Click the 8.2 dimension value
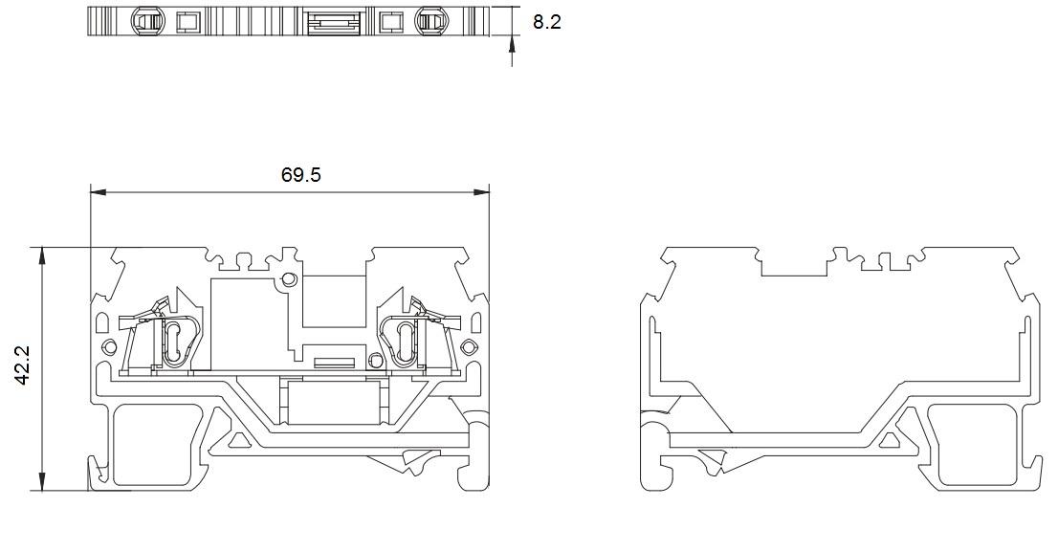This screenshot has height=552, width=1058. [x=546, y=22]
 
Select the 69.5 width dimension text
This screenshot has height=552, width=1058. [x=301, y=175]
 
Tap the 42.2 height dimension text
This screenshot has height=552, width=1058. [x=23, y=365]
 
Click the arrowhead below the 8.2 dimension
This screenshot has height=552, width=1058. [x=512, y=45]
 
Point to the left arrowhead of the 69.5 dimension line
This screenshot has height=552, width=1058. [x=99, y=192]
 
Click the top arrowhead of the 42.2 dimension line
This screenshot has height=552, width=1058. [x=42, y=255]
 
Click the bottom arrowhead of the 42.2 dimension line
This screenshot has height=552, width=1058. [x=42, y=482]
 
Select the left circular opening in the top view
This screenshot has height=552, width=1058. [x=146, y=22]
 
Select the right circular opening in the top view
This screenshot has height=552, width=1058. [x=431, y=22]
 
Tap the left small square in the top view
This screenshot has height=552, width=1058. [x=185, y=22]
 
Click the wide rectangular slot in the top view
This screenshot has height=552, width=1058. [x=335, y=22]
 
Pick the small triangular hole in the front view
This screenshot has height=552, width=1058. [x=237, y=441]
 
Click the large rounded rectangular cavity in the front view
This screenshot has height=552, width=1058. [x=157, y=445]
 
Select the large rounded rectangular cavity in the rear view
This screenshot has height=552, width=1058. [x=972, y=445]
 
